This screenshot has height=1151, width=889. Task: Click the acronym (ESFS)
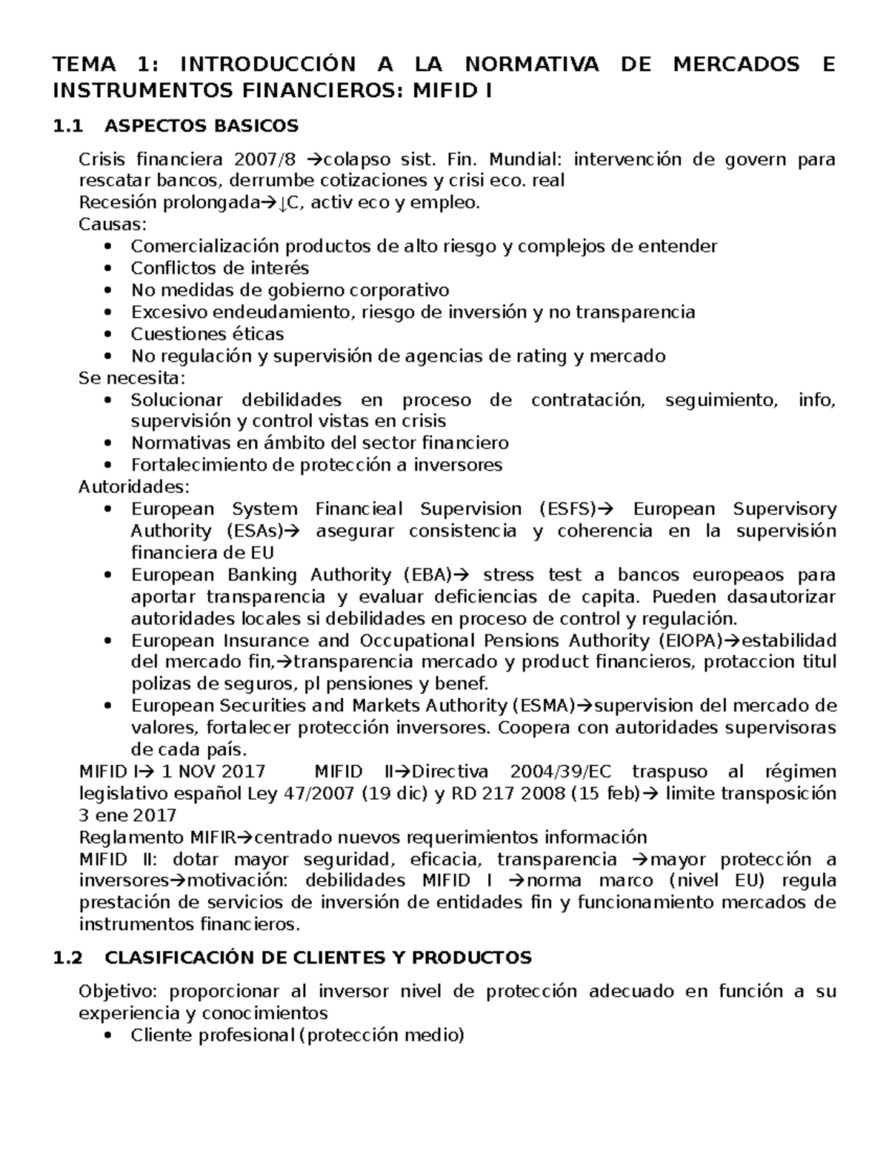pos(568,509)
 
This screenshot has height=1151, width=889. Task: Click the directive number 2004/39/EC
pos(548,772)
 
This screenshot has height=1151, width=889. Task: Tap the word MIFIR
pos(217,837)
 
